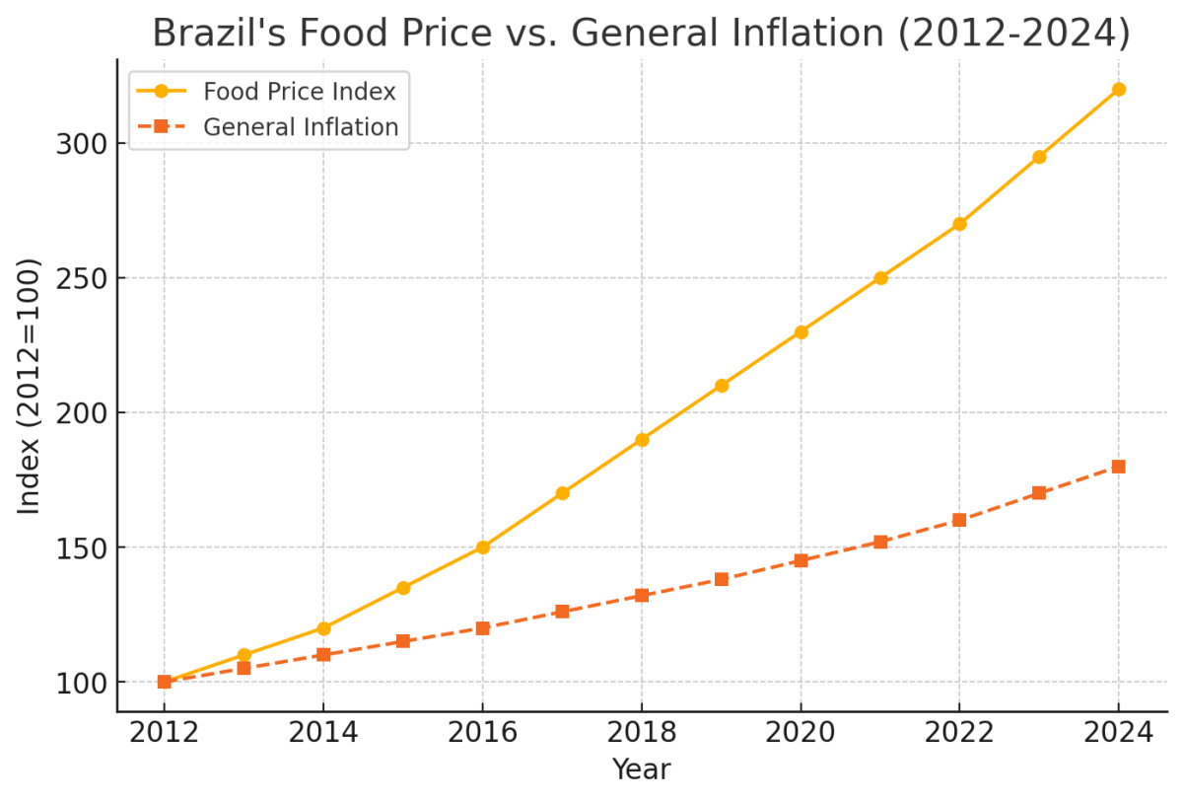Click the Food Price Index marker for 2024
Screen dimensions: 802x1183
tap(1118, 89)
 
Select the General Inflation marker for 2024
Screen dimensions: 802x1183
tap(1118, 467)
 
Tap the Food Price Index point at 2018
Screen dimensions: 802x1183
tap(642, 439)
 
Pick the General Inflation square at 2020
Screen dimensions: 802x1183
tap(800, 560)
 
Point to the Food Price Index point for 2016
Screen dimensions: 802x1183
tap(482, 547)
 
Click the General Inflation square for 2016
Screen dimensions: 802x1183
tap(482, 627)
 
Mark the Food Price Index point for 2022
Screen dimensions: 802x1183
tap(959, 224)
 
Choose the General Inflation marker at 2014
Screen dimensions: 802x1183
tap(323, 654)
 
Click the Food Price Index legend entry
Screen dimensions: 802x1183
tap(299, 92)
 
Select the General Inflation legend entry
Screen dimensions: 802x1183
tap(300, 127)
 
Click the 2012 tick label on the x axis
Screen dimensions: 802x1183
tap(165, 732)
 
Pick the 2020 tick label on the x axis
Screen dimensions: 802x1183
tap(800, 732)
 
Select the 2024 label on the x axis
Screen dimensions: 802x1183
tap(1118, 732)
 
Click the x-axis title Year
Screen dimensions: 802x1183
tap(641, 769)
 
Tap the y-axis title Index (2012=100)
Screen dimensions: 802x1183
tap(30, 386)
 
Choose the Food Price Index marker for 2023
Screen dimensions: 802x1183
tap(1039, 157)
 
